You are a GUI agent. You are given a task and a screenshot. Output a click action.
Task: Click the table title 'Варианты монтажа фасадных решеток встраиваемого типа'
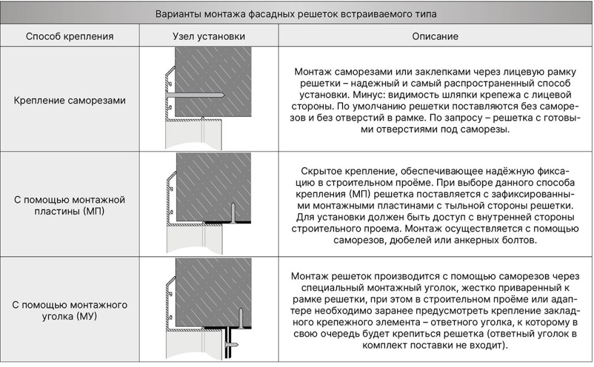coord(296,13)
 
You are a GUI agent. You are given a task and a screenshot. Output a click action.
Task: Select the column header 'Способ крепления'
coord(69,37)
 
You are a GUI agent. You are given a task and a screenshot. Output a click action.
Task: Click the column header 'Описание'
coord(435,37)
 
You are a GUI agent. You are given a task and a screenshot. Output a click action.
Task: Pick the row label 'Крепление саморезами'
coord(69,100)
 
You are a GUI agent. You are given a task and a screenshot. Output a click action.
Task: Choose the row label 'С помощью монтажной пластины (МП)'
coord(69,205)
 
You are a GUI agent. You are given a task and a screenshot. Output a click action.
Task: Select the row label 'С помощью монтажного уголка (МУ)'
coord(69,310)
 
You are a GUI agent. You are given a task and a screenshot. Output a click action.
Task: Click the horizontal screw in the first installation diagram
coord(197,95)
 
